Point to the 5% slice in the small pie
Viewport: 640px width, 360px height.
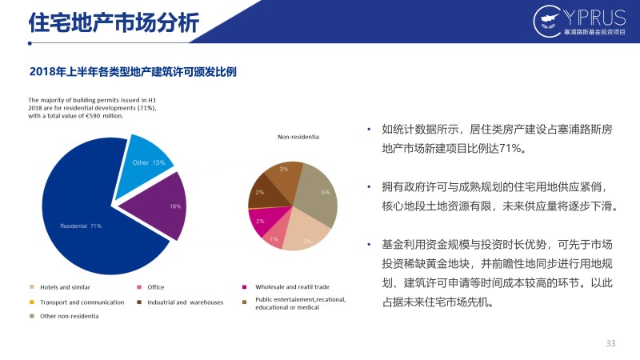coord(318,192)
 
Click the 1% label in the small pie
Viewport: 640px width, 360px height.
coord(274,239)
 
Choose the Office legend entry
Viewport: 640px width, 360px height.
coord(150,287)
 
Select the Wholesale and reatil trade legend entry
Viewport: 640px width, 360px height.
coord(286,287)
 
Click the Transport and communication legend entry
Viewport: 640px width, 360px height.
coord(77,302)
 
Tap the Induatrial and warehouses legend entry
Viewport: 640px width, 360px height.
coord(180,302)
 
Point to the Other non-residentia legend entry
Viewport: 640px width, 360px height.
coord(64,316)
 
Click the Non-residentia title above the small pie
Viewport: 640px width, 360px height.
coord(298,137)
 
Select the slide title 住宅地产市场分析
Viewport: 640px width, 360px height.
coord(114,22)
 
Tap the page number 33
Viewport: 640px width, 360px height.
coord(610,343)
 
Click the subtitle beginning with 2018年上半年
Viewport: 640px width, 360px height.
coord(133,72)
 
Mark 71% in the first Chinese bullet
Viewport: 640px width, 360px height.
coord(510,149)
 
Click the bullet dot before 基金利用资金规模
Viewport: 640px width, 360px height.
coord(369,245)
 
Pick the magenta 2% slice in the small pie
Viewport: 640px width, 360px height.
coord(262,221)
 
